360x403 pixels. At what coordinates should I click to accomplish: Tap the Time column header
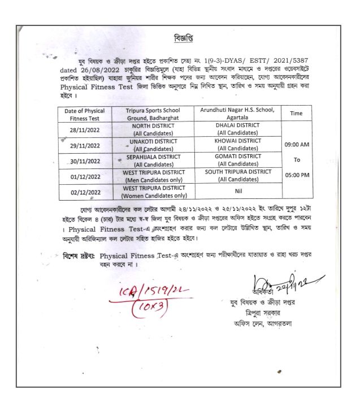[298, 113]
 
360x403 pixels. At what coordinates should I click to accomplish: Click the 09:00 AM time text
[298, 145]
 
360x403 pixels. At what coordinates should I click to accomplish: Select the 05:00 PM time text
[298, 175]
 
